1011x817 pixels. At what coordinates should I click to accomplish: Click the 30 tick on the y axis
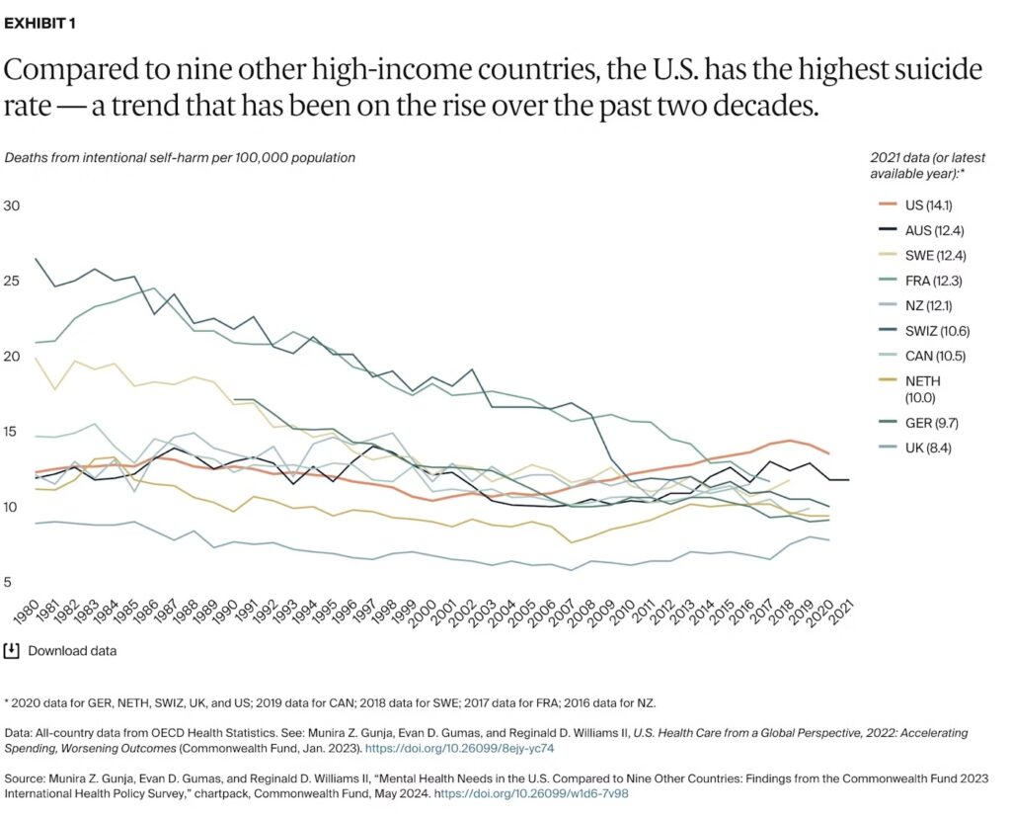click(12, 206)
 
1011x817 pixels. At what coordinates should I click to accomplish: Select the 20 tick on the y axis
click(12, 357)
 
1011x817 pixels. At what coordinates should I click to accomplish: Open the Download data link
click(72, 651)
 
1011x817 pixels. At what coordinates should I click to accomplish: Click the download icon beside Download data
click(12, 650)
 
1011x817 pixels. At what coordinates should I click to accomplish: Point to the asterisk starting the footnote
click(8, 702)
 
